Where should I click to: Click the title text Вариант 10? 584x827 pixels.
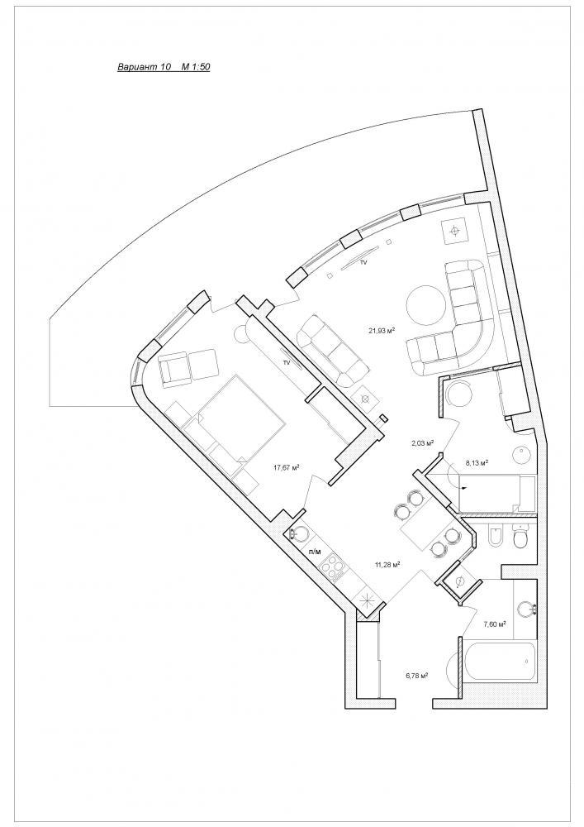[144, 67]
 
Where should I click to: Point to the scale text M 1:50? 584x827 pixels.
[196, 67]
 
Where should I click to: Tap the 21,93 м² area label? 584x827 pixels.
[382, 331]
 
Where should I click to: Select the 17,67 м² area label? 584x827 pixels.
[287, 466]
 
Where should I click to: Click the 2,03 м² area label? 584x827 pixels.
[422, 443]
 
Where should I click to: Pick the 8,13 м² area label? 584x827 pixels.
[476, 462]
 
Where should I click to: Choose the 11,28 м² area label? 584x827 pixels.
[388, 565]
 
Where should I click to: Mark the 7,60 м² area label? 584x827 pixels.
[495, 624]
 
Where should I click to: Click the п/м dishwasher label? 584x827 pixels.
[315, 552]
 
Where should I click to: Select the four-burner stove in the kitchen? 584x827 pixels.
[334, 567]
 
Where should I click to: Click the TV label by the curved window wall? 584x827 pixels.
[363, 262]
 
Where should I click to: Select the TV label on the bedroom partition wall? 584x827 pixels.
[287, 362]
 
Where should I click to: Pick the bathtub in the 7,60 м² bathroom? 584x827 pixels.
[498, 661]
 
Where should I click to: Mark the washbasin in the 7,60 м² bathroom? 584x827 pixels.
[525, 609]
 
